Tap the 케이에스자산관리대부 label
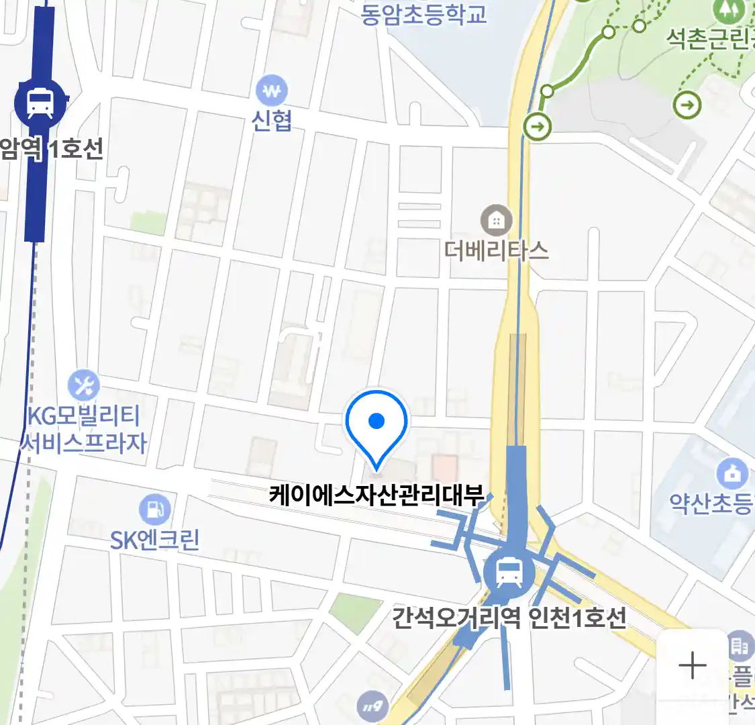click(376, 495)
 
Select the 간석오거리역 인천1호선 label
click(509, 617)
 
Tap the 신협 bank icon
click(272, 90)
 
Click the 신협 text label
click(272, 120)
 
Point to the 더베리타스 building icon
click(496, 220)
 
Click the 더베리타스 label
click(496, 250)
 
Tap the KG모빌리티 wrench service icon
click(84, 386)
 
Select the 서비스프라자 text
click(84, 443)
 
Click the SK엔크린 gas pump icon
click(155, 510)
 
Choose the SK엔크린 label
click(155, 540)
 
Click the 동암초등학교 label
click(423, 13)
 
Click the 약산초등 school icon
click(732, 474)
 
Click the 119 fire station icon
click(372, 706)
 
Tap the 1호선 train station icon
click(40, 103)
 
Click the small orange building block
click(444, 466)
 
